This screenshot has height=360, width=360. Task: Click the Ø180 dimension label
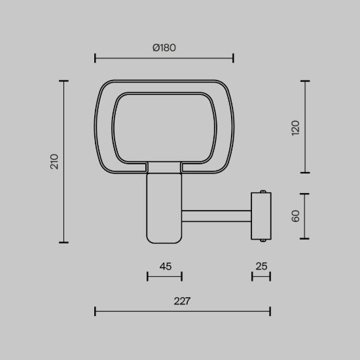(164, 48)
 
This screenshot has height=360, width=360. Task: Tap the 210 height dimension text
(54, 162)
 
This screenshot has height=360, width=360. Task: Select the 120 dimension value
(295, 128)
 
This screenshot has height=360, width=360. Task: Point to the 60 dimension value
(295, 216)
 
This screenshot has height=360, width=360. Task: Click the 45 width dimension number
(166, 266)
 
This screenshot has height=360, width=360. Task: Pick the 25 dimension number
(262, 266)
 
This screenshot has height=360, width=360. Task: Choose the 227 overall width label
(182, 301)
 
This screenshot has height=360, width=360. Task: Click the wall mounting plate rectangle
(261, 216)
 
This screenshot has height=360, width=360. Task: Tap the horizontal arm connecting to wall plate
(216, 216)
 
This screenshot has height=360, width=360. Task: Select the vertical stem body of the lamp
(164, 208)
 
